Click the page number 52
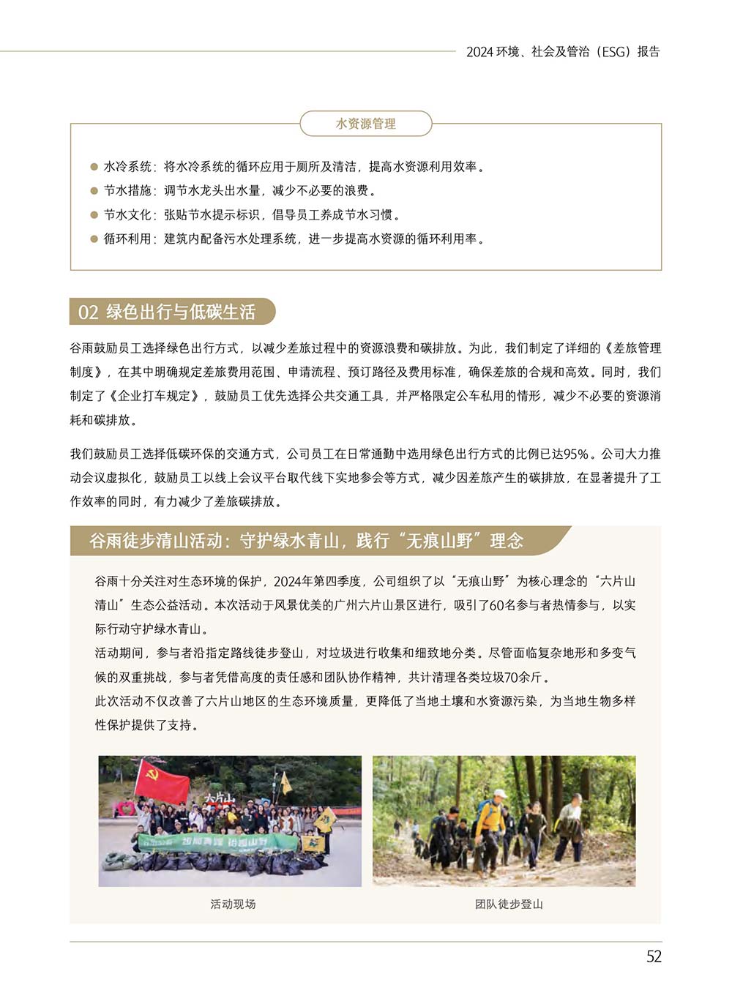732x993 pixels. pyautogui.click(x=654, y=956)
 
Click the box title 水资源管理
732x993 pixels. pyautogui.click(x=365, y=124)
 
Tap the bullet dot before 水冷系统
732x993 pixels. pyautogui.click(x=94, y=167)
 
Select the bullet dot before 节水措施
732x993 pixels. pyautogui.click(x=94, y=191)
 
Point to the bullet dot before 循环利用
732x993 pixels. pyautogui.click(x=94, y=239)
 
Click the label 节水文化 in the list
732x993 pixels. pyautogui.click(x=127, y=215)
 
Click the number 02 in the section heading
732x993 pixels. pyautogui.click(x=88, y=312)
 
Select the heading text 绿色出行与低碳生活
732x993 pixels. pyautogui.click(x=181, y=312)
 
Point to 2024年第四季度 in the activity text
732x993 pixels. pyautogui.click(x=318, y=581)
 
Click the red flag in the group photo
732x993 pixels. pyautogui.click(x=161, y=781)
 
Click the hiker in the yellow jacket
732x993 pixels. pyautogui.click(x=490, y=820)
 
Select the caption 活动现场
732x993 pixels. pyautogui.click(x=233, y=904)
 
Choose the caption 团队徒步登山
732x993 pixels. pyautogui.click(x=509, y=904)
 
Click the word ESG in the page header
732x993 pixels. pyautogui.click(x=613, y=52)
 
